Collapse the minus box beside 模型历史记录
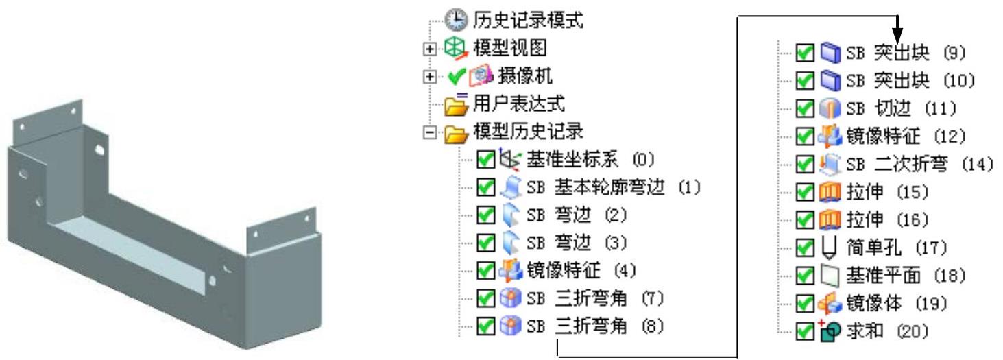pyautogui.click(x=428, y=132)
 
